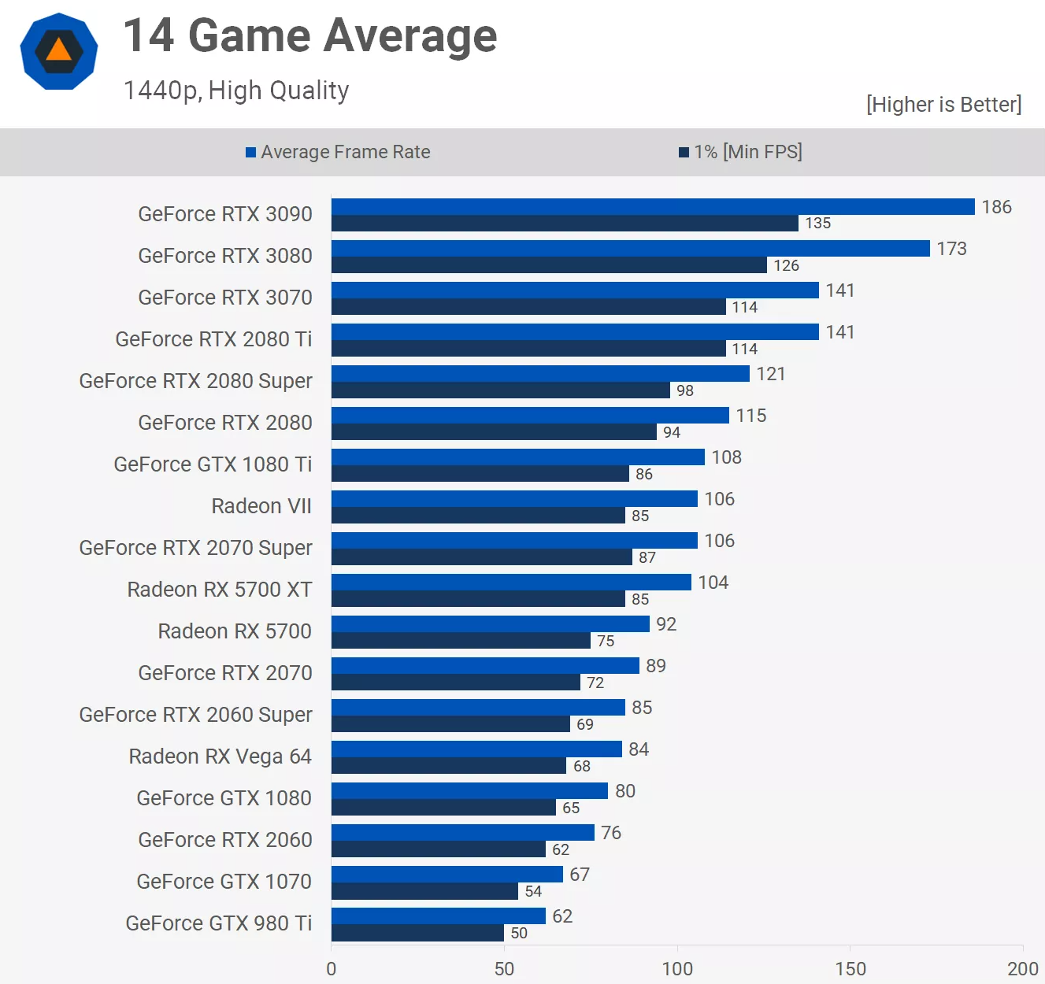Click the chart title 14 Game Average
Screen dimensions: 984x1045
310,36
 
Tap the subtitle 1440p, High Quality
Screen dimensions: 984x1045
236,91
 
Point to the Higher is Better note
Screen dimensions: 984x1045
943,105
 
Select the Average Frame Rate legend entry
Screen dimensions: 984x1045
339,152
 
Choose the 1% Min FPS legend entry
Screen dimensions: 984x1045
741,152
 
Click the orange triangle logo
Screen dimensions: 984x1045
59,51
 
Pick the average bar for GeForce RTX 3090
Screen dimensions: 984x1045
653,207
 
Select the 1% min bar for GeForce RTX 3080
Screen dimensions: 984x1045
549,265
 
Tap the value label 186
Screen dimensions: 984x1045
996,207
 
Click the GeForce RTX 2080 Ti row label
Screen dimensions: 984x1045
213,339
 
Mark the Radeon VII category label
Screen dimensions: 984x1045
261,506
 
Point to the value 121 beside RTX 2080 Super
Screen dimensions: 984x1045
771,374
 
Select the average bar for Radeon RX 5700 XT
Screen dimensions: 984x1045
511,583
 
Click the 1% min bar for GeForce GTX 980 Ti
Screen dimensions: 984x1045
417,933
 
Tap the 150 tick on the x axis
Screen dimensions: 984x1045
850,969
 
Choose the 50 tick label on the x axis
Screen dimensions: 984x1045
504,969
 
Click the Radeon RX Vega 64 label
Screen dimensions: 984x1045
220,756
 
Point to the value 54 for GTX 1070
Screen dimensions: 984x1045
533,891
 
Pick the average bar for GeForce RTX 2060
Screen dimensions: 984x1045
463,833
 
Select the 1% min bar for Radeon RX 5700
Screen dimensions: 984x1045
461,641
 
